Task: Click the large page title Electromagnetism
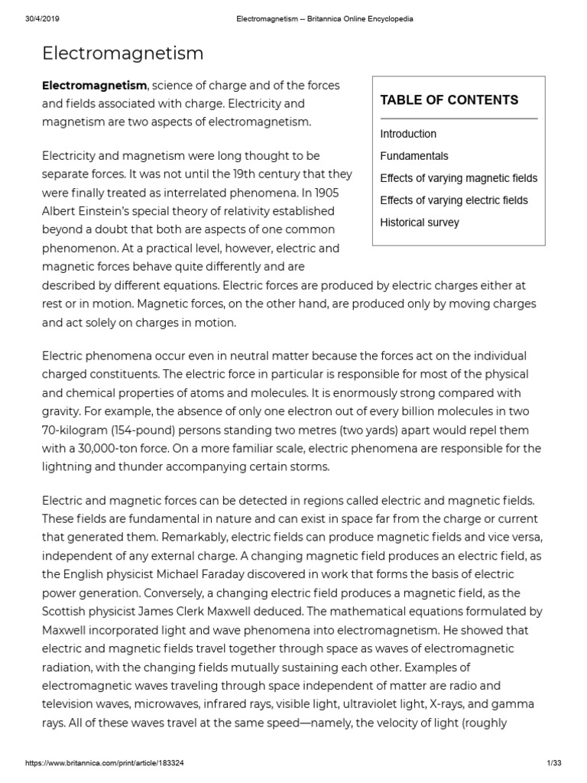pos(122,53)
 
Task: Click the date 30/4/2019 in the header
pos(30,18)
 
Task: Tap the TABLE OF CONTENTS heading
pos(449,100)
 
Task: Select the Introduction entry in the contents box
pos(408,134)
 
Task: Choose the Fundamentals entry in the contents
pos(414,156)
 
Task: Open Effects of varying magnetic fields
pos(459,178)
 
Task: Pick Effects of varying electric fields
pos(454,200)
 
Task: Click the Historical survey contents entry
pos(420,223)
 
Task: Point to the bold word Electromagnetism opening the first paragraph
pos(94,86)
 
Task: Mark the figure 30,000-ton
pos(109,448)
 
